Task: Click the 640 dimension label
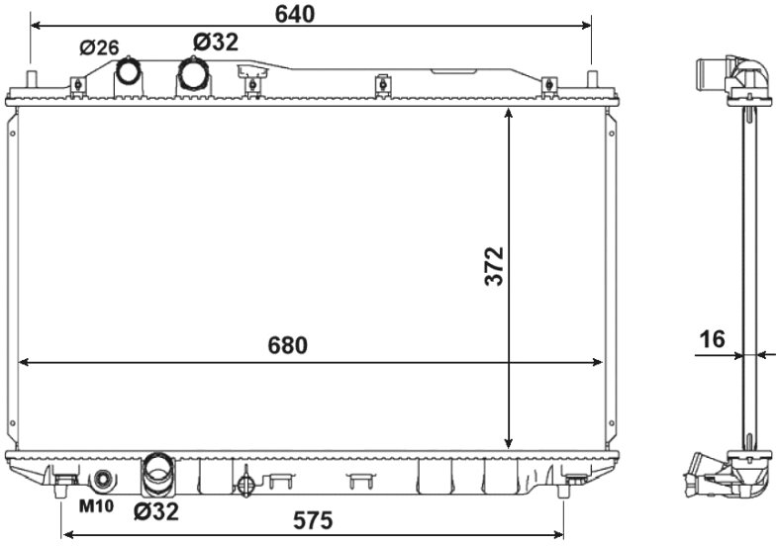click(x=295, y=14)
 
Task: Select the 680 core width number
click(x=288, y=345)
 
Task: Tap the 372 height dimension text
click(x=495, y=266)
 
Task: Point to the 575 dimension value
click(x=313, y=520)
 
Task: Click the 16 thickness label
click(x=712, y=339)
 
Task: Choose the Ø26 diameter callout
click(x=99, y=47)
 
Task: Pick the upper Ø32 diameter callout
click(x=216, y=43)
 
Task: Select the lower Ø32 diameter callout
click(x=156, y=511)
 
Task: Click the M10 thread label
click(x=97, y=505)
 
